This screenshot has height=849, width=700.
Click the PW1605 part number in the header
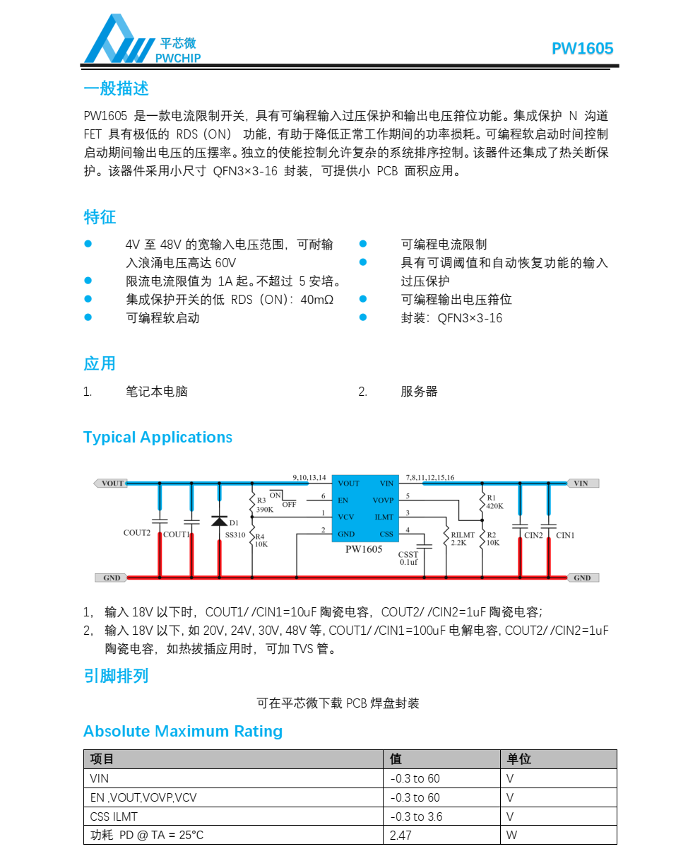(x=582, y=49)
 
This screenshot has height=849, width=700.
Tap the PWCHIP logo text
(x=178, y=58)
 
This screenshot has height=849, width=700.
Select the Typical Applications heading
(x=158, y=437)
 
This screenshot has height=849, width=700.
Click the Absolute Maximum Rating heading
(x=183, y=731)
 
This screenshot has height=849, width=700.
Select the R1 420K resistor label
(x=494, y=502)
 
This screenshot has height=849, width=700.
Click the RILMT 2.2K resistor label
(x=463, y=539)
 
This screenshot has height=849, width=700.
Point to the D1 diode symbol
(x=219, y=521)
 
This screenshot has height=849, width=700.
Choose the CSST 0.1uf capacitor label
(x=408, y=558)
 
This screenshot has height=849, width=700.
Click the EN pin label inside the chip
(x=343, y=500)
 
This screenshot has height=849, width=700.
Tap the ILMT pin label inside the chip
(x=384, y=517)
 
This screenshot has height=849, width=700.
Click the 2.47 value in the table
(x=401, y=835)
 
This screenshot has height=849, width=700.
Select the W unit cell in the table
(x=512, y=835)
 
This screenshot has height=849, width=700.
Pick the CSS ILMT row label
(x=114, y=816)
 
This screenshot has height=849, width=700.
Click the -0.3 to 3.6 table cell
(x=416, y=816)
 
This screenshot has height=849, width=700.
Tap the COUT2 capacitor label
(x=137, y=533)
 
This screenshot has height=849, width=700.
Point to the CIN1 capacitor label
(x=565, y=536)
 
